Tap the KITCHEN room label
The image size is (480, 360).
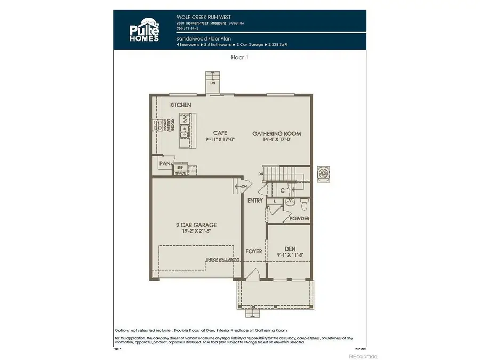tap(180, 105)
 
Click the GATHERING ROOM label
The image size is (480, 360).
tap(277, 133)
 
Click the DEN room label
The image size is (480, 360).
tap(290, 248)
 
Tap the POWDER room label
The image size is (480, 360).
tap(299, 219)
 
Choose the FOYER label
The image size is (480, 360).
tap(253, 251)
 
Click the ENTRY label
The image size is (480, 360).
tap(255, 201)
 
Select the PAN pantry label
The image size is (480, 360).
tap(163, 163)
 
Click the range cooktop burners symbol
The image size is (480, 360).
tap(158, 126)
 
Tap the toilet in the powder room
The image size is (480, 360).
tap(304, 204)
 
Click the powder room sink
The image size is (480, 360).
tap(289, 203)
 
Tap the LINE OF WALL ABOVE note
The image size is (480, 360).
tap(222, 260)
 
